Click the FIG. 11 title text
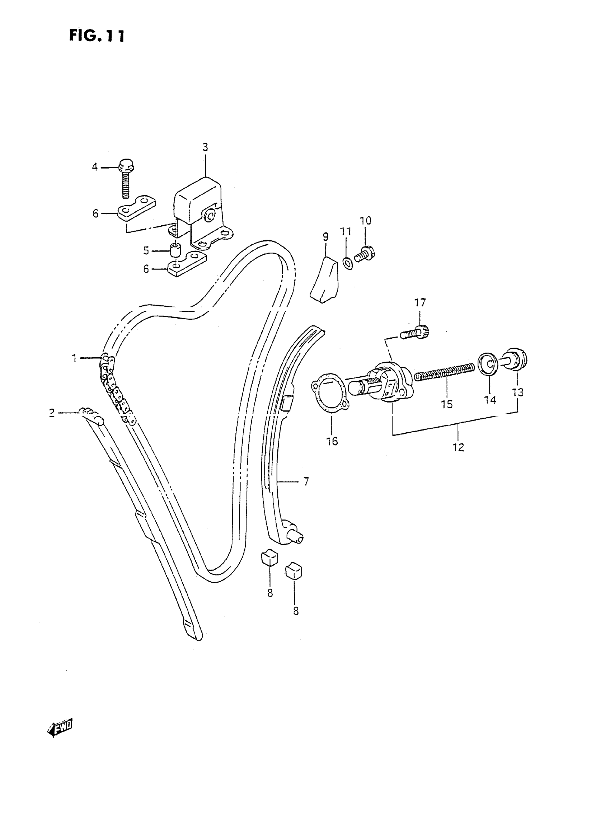[97, 36]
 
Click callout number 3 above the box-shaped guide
[205, 147]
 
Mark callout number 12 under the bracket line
[458, 447]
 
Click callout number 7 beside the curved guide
[306, 481]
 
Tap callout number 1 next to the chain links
[74, 358]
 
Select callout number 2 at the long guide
[52, 413]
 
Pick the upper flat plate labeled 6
[137, 208]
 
